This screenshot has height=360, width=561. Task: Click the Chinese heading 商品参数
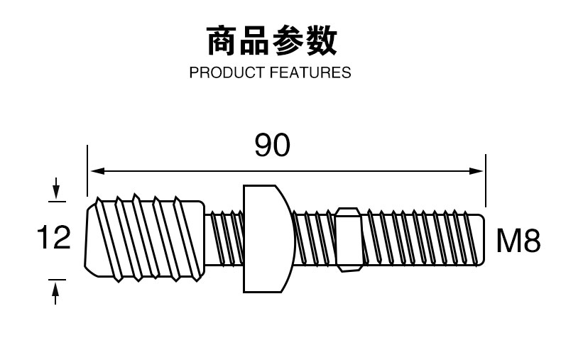(x=271, y=41)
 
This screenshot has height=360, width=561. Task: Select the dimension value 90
(x=272, y=146)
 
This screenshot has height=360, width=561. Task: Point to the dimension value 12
(x=53, y=238)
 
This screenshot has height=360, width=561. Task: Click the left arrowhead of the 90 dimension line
(x=94, y=170)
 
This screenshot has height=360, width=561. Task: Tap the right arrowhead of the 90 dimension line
(x=478, y=170)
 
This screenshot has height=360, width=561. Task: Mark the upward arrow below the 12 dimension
(x=55, y=287)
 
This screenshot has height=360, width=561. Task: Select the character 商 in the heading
(x=222, y=41)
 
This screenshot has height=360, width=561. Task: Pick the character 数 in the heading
(x=321, y=41)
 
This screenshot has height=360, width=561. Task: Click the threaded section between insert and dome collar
(x=226, y=238)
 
